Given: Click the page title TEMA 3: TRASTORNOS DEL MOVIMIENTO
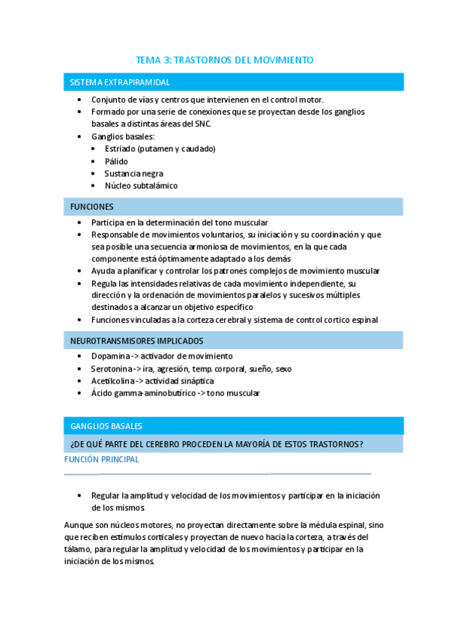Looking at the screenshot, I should [x=224, y=59].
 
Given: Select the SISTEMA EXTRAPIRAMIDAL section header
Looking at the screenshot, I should [x=119, y=82].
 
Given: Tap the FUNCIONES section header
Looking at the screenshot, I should [x=92, y=206].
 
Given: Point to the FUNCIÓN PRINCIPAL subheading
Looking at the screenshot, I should [x=101, y=460].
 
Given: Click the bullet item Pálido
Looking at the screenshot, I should [x=116, y=161].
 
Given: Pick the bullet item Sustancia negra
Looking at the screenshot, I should [x=134, y=173].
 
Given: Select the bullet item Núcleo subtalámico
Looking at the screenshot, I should [x=141, y=185].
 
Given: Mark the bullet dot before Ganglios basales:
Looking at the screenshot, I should [x=81, y=137].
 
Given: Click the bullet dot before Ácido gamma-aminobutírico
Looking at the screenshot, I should [x=81, y=393].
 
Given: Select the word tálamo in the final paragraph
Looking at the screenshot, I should [x=77, y=549].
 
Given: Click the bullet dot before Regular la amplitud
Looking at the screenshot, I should [x=81, y=496].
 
